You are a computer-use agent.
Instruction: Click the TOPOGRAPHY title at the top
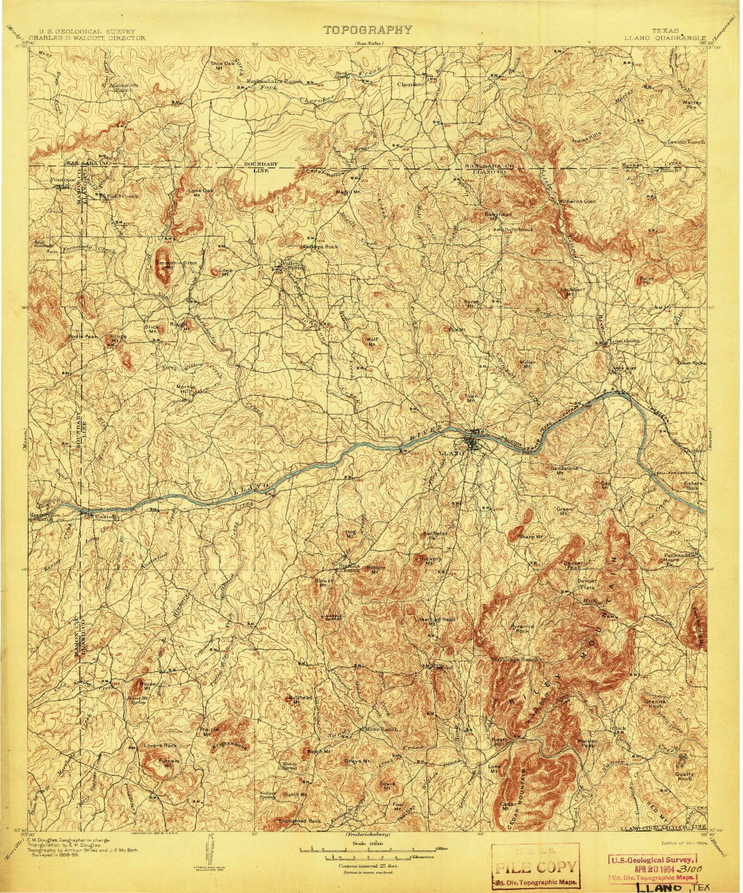368,29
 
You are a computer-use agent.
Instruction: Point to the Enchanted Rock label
300,821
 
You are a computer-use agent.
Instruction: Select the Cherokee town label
409,84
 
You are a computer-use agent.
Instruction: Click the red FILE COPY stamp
535,866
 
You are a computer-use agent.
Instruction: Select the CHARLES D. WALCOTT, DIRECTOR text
88,38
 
